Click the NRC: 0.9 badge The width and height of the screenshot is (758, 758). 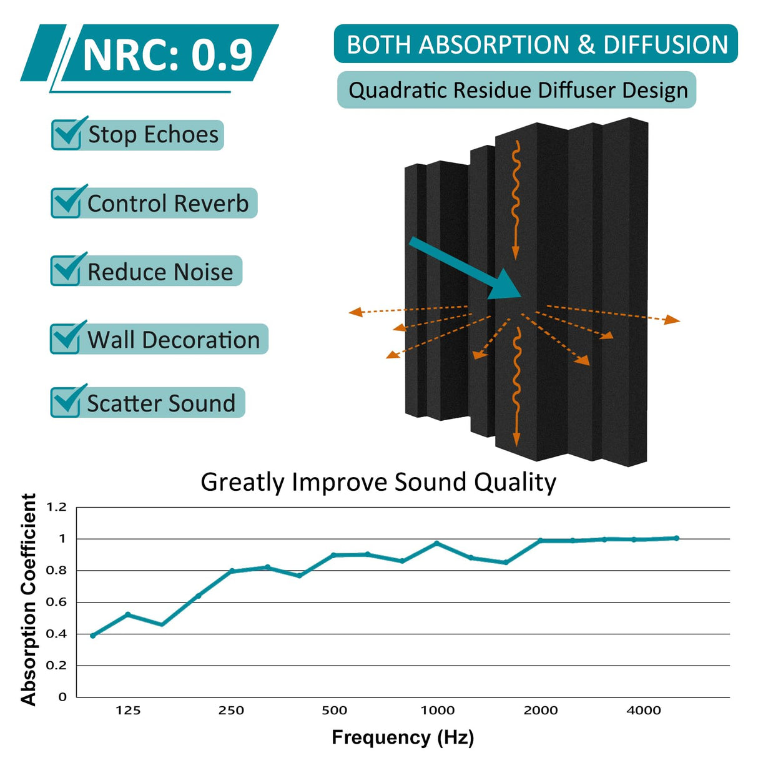167,56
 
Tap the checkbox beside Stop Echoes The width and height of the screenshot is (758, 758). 66,134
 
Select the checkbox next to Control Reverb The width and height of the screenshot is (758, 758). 66,202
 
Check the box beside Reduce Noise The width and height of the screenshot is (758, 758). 66,271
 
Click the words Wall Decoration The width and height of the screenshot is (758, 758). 173,340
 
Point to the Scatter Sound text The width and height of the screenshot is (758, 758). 161,403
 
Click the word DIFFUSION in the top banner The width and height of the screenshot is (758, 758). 666,45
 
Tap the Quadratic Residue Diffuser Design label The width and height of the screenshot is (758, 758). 518,91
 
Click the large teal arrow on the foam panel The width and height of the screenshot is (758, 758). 465,268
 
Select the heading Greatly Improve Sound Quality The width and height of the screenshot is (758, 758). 378,482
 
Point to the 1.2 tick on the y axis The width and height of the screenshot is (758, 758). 56,507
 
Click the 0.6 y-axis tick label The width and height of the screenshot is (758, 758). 56,602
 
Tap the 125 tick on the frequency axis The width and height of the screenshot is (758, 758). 128,710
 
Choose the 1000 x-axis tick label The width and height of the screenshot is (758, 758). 437,710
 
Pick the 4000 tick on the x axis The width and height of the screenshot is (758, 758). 644,710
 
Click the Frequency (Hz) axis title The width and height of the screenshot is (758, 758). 403,737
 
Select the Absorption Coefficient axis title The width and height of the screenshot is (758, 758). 29,599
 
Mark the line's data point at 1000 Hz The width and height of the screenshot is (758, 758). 437,544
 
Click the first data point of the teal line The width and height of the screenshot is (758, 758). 93,636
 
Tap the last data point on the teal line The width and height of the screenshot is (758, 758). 677,538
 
